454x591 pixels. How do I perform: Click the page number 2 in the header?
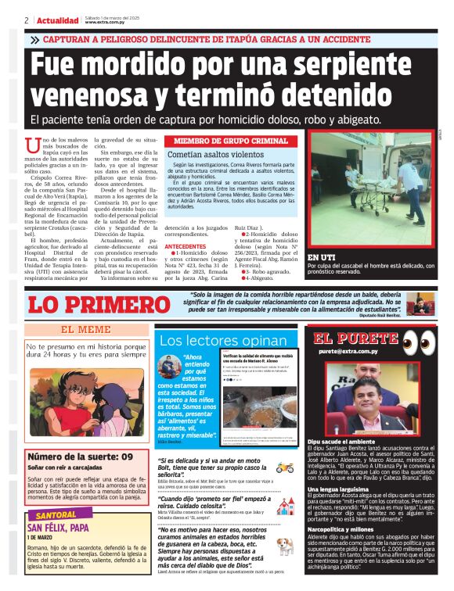27,20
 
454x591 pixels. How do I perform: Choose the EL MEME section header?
85,330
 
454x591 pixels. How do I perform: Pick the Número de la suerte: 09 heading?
80,457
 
